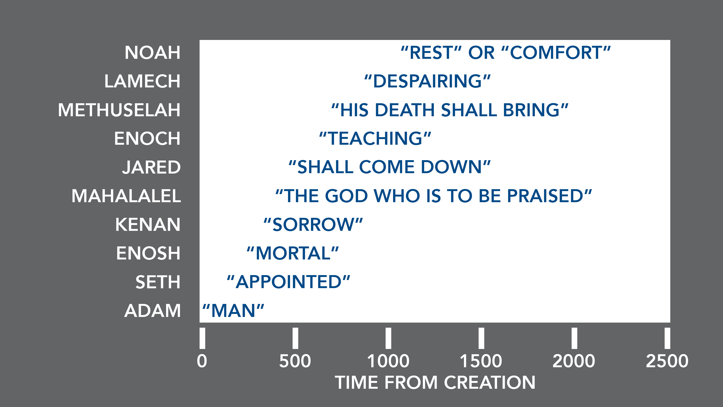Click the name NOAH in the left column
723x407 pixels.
[x=152, y=53]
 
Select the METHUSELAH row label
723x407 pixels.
[x=119, y=110]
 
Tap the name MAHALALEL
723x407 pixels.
[x=126, y=196]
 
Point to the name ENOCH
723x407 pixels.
[x=147, y=138]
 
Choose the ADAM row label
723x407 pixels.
[x=152, y=311]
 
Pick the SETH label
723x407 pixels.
[x=158, y=282]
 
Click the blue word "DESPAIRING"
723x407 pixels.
[x=427, y=81]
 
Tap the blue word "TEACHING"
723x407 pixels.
[x=375, y=138]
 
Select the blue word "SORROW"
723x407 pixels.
[x=313, y=225]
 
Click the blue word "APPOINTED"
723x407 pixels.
[x=288, y=282]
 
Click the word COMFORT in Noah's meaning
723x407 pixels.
[x=556, y=53]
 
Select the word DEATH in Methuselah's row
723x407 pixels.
[x=405, y=110]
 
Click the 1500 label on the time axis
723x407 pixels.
[x=481, y=361]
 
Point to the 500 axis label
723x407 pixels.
[x=295, y=361]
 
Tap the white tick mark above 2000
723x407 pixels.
[x=574, y=338]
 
